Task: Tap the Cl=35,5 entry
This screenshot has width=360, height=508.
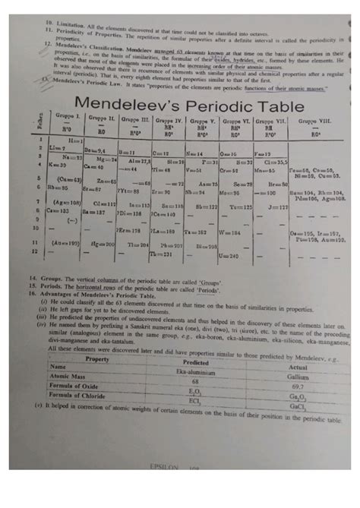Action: click(273, 162)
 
